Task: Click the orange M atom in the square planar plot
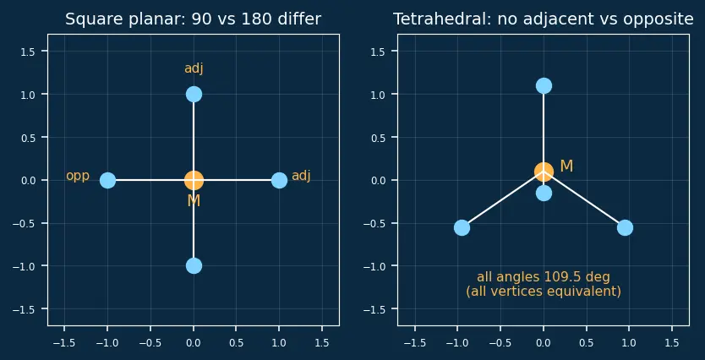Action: click(x=194, y=180)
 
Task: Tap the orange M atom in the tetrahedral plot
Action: click(x=544, y=172)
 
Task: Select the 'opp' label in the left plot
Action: click(x=78, y=176)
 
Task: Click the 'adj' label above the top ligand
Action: click(x=194, y=68)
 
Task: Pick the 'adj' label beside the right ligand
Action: click(x=301, y=176)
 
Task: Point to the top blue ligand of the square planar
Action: click(x=194, y=95)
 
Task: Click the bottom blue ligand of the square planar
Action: click(x=194, y=266)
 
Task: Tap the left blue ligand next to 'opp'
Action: click(x=107, y=180)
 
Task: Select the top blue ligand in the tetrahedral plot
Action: click(x=544, y=86)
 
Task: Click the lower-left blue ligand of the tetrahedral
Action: click(x=462, y=227)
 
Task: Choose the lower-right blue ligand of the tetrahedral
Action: click(x=625, y=227)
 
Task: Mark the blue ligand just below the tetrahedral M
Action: click(x=544, y=194)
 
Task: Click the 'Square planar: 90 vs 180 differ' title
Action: click(x=194, y=19)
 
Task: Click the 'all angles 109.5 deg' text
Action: click(x=544, y=277)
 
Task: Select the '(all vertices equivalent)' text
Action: click(x=544, y=292)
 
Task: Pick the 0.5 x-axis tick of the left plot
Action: click(x=236, y=343)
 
